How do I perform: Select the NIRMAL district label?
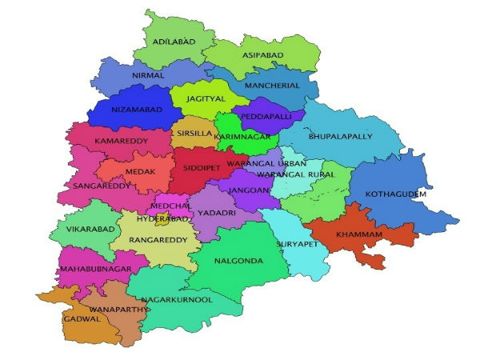pyautogui.click(x=148, y=74)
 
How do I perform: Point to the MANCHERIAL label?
pyautogui.click(x=272, y=85)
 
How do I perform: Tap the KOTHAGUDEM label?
pyautogui.click(x=396, y=194)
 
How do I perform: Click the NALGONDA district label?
pyautogui.click(x=238, y=260)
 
